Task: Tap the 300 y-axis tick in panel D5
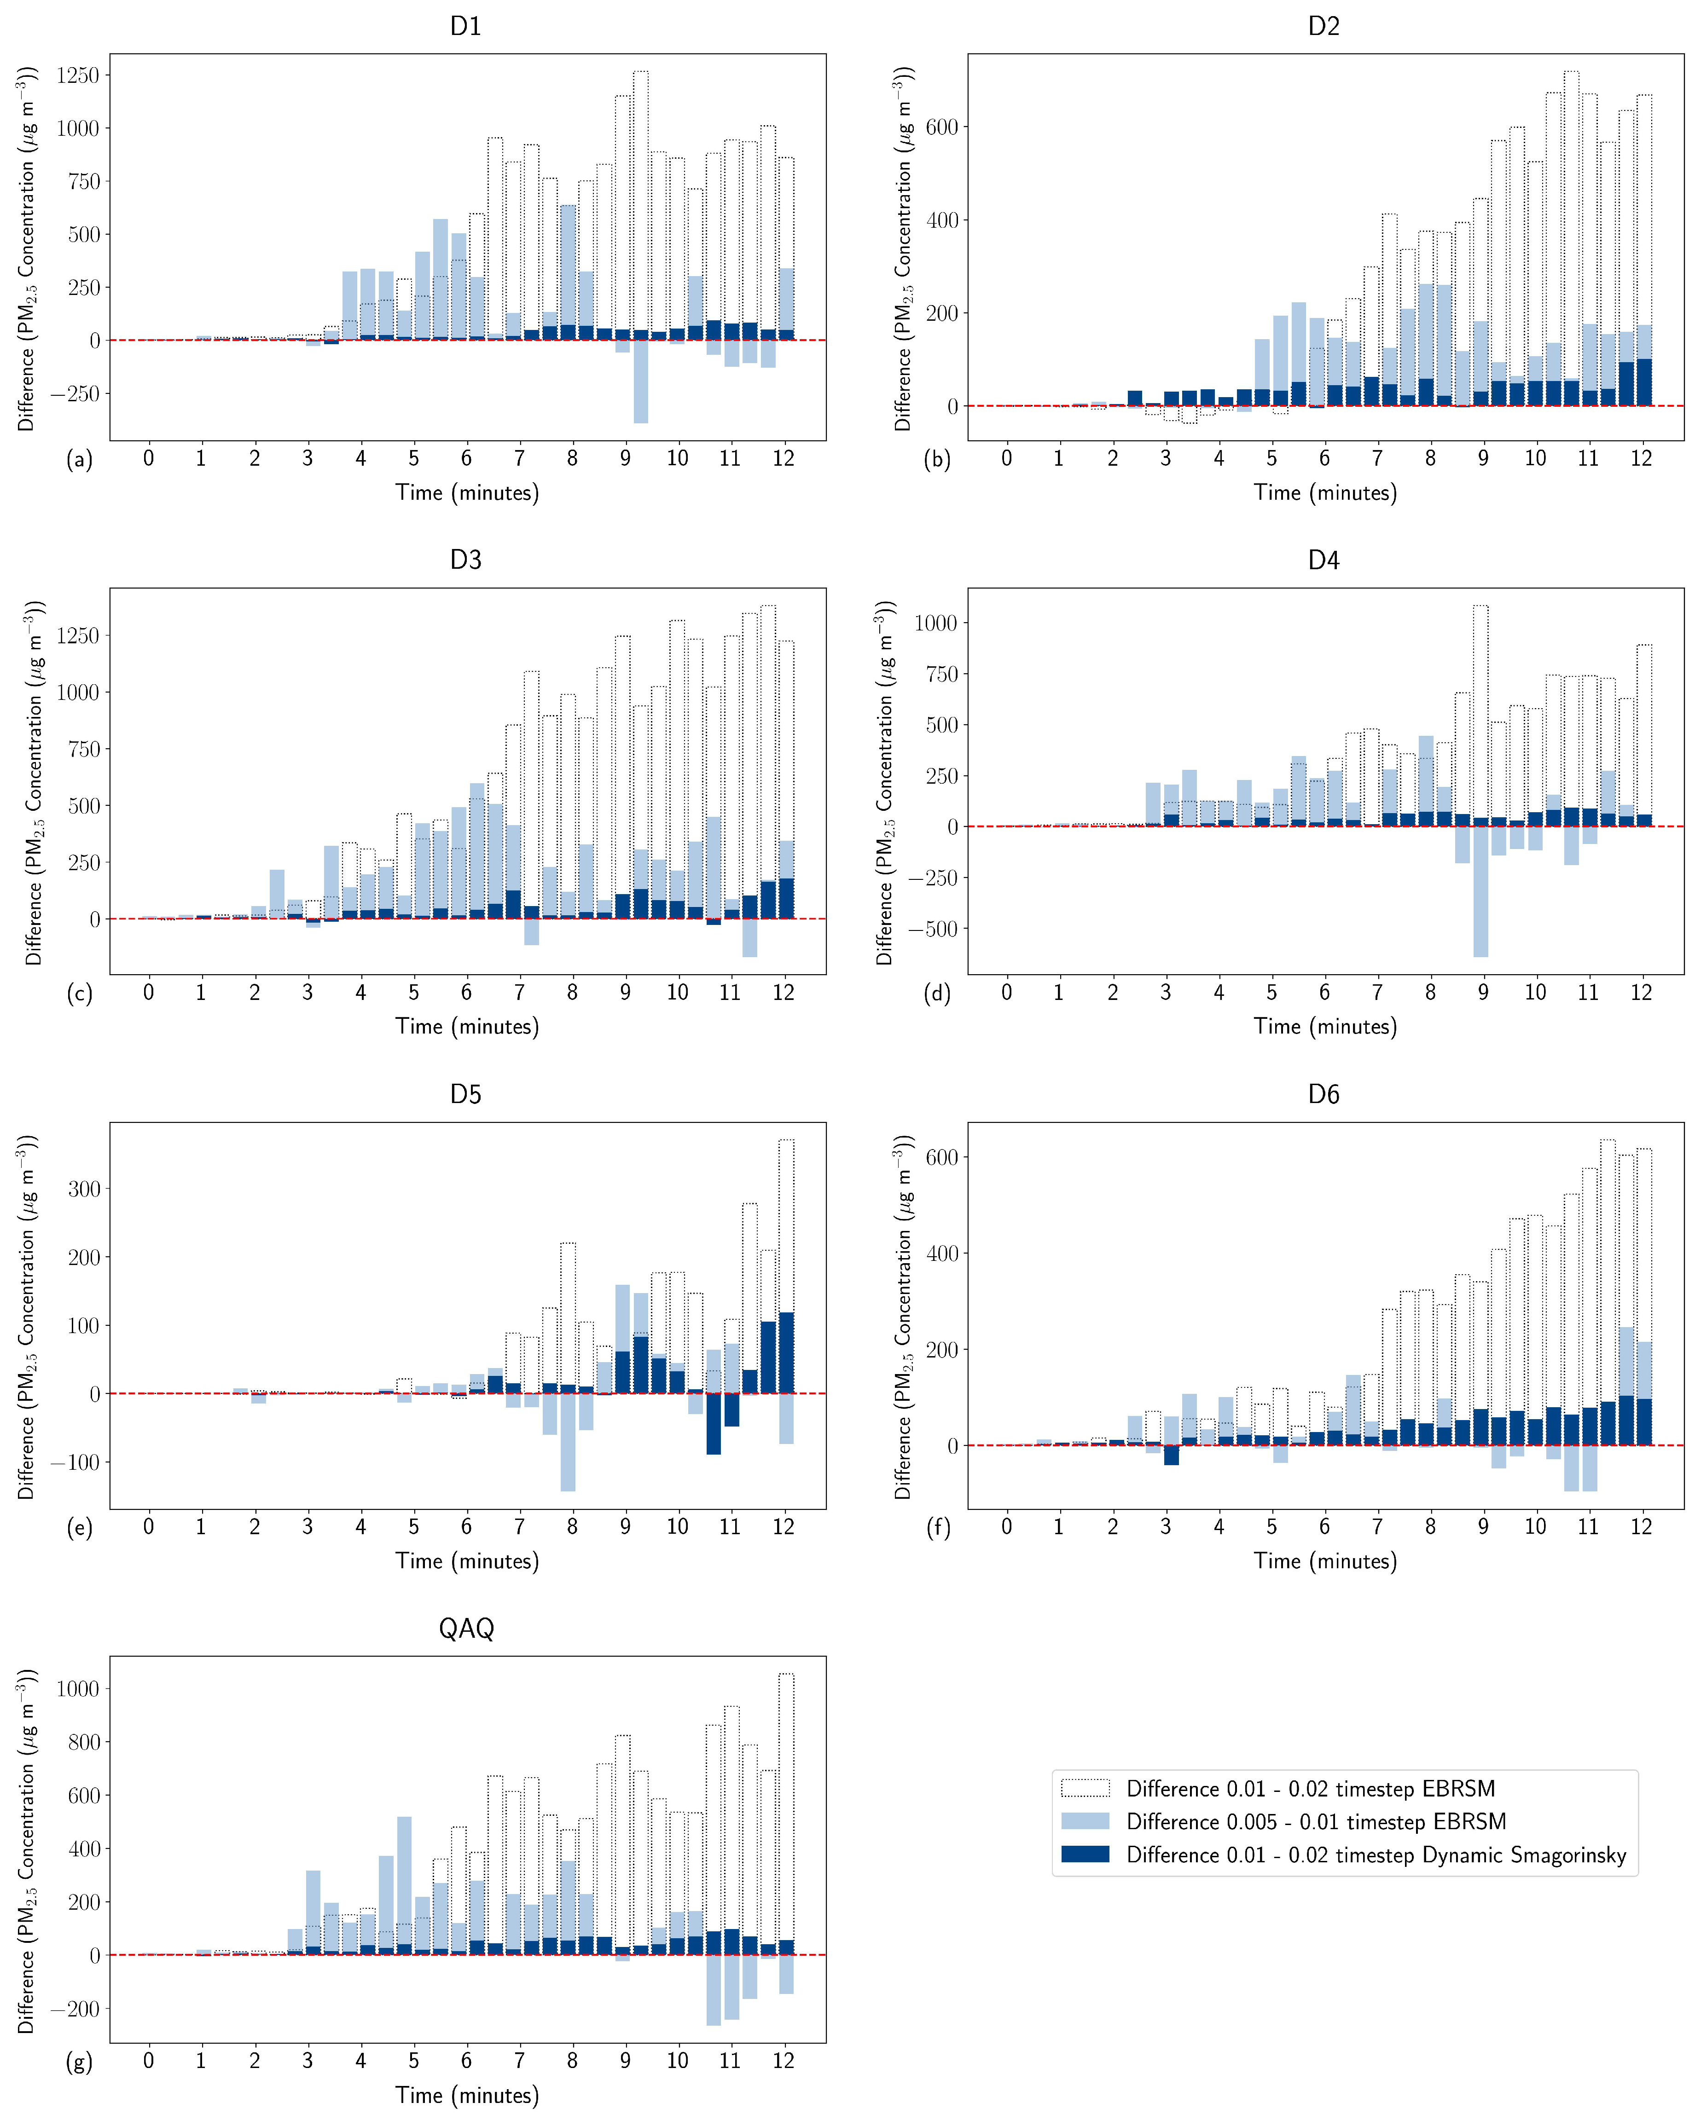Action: click(x=84, y=1189)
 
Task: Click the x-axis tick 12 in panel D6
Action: click(x=1641, y=1527)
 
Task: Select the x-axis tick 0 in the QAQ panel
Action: click(x=149, y=2061)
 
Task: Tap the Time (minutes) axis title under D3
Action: click(x=467, y=1027)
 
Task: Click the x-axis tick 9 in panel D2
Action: click(x=1482, y=458)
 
